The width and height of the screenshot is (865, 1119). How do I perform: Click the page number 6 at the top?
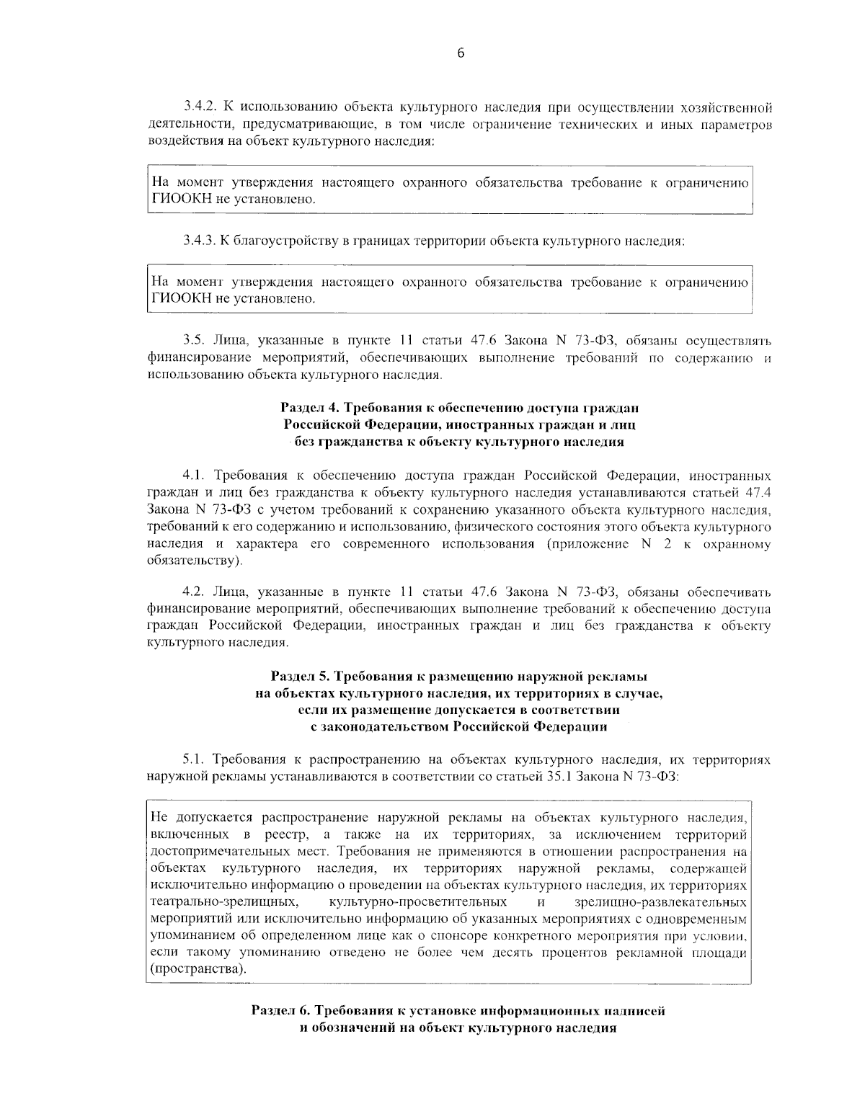[460, 52]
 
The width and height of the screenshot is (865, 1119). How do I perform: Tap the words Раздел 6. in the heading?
[278, 1011]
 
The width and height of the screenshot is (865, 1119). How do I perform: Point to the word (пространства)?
[198, 969]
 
